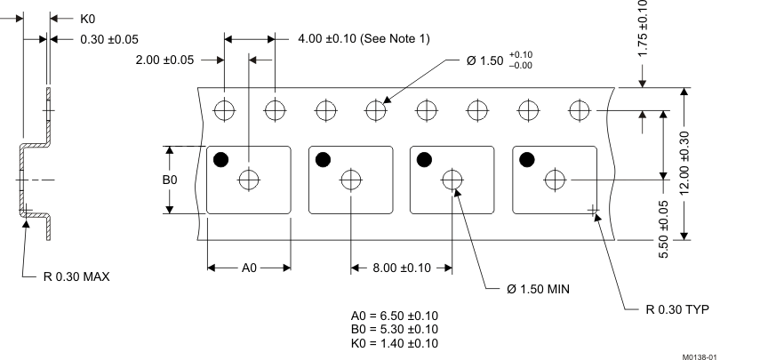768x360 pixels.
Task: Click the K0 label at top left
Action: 88,18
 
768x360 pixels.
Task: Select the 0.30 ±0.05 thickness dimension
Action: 109,38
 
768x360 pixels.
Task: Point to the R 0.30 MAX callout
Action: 77,276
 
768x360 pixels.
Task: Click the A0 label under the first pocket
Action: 249,268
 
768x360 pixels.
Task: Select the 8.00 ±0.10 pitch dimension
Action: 402,268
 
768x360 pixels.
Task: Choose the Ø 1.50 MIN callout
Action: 537,290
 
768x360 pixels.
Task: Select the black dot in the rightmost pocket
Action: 527,159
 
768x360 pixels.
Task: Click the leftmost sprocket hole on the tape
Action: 225,110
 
